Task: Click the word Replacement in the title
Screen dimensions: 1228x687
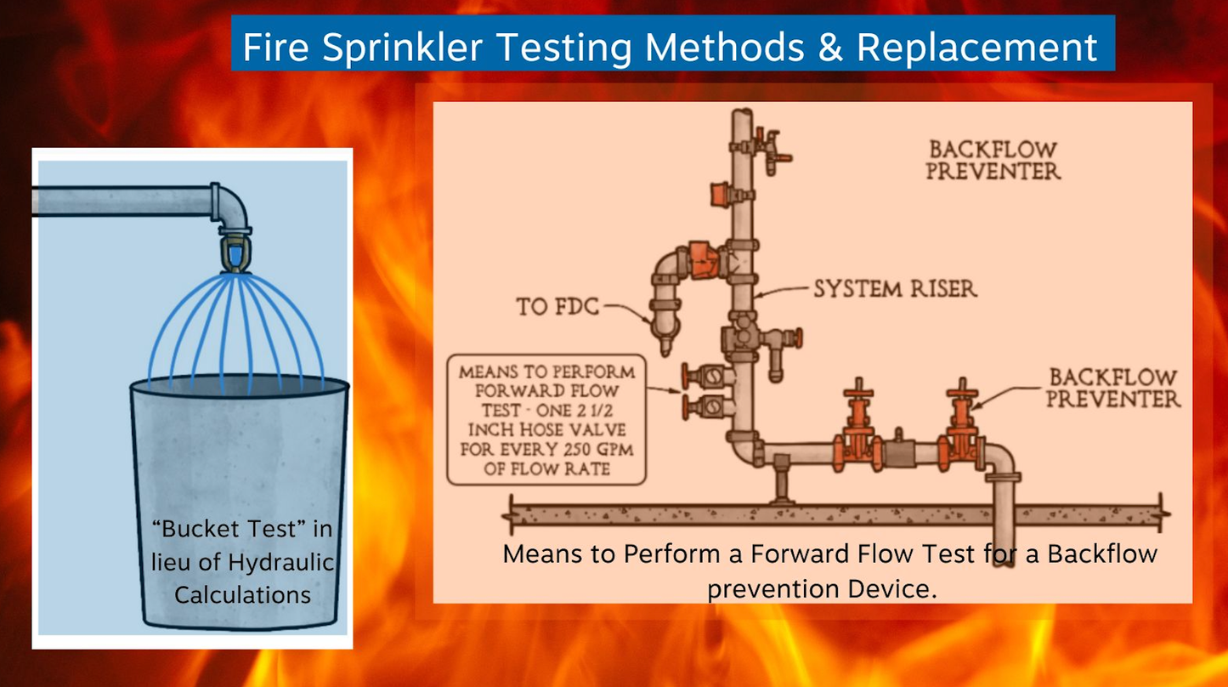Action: pos(977,47)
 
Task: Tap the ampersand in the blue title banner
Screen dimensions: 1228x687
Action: pos(830,47)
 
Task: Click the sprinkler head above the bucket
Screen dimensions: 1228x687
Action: pos(235,253)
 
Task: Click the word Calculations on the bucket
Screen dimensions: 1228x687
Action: pos(242,595)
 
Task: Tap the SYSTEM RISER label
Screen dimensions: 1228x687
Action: pos(895,288)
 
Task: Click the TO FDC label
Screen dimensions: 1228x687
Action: pos(557,306)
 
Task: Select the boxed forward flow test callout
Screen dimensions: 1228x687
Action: pos(546,419)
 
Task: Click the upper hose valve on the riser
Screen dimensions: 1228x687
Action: pos(707,376)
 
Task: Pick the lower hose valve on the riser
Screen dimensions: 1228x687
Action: pos(707,406)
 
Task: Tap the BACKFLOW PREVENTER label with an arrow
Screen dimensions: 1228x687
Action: pos(1113,388)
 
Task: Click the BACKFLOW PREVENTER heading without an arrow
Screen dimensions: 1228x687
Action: pos(993,160)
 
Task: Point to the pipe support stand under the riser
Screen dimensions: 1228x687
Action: pos(781,482)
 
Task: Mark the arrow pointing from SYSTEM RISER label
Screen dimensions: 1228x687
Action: pos(780,291)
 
